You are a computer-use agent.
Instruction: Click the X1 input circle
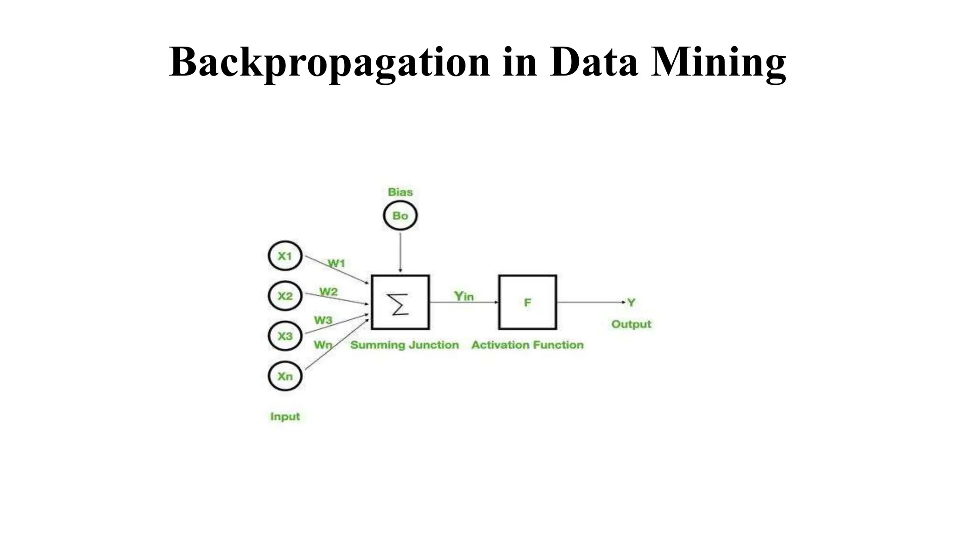[285, 256]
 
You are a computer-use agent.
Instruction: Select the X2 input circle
[285, 296]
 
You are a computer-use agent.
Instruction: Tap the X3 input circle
[285, 336]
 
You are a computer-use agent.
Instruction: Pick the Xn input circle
[285, 376]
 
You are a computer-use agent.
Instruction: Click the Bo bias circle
[400, 216]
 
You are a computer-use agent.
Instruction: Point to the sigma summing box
[400, 303]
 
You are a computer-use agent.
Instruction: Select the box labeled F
[527, 303]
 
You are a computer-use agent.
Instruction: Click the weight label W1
[336, 263]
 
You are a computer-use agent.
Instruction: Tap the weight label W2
[328, 292]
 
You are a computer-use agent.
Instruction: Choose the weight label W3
[323, 320]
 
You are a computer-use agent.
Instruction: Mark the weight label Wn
[323, 345]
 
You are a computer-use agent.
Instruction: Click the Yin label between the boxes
[464, 296]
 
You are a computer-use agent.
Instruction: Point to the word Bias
[400, 192]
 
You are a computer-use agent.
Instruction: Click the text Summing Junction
[405, 345]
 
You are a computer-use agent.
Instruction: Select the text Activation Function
[527, 345]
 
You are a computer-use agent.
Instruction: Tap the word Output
[631, 324]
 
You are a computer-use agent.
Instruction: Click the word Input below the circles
[285, 416]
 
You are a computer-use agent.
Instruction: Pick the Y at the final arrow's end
[631, 303]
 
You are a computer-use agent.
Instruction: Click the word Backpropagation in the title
[330, 62]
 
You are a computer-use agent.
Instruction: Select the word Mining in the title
[719, 62]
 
